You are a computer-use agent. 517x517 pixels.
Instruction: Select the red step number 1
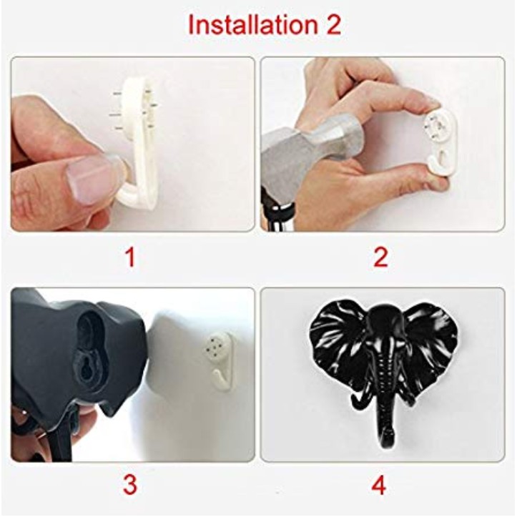point(131,257)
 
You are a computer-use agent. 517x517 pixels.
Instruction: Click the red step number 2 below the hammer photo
point(380,257)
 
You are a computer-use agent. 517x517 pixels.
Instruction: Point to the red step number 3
point(130,486)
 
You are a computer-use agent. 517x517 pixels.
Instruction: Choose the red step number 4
point(379,486)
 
